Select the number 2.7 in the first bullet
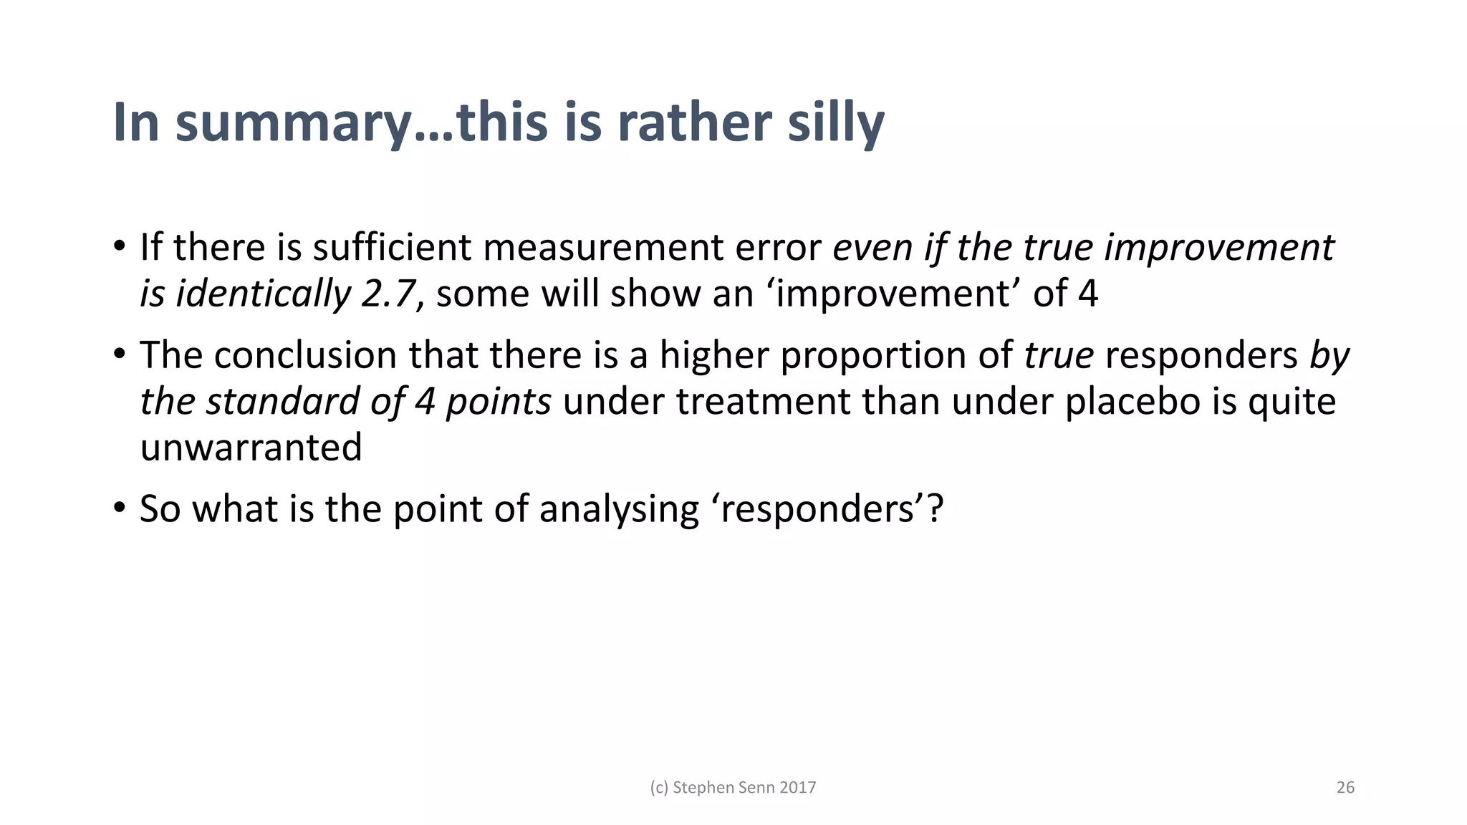[389, 294]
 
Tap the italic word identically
[263, 294]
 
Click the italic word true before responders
[1058, 355]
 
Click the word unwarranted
[251, 448]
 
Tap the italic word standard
[282, 402]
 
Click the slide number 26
[1345, 788]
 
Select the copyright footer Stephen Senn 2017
[733, 788]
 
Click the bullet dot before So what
[120, 508]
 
